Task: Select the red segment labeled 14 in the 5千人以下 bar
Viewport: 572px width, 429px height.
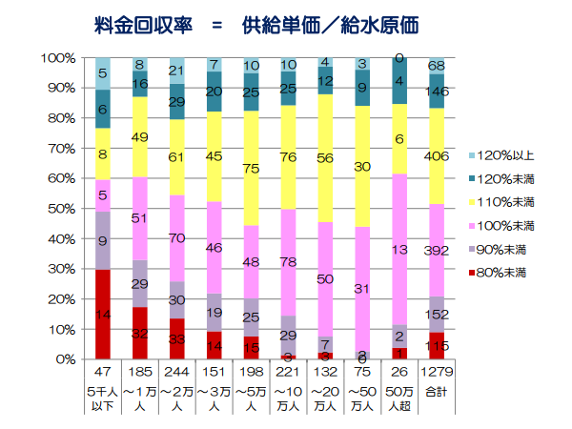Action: click(x=102, y=315)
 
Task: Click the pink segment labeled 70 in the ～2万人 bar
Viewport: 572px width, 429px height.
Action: click(x=177, y=238)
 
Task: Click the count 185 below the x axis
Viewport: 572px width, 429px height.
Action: click(x=140, y=369)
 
